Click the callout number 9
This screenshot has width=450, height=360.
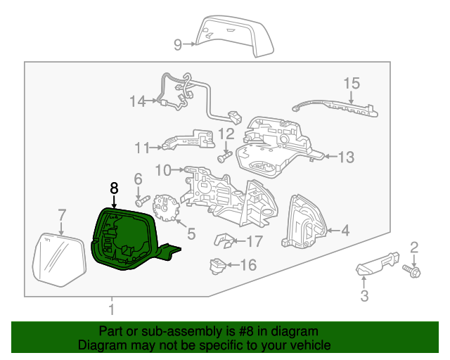point(179,45)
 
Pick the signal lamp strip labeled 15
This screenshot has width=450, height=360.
point(337,108)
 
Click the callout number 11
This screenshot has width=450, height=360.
point(143,148)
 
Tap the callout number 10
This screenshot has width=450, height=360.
point(162,169)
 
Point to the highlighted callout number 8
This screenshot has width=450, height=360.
point(114,188)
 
